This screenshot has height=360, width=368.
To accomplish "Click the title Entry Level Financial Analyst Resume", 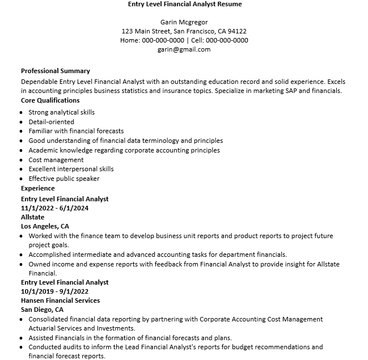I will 184,4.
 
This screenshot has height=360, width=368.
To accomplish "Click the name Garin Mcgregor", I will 184,22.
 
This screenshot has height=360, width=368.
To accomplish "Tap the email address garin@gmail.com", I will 184,49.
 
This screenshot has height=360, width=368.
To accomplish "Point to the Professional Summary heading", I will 56,71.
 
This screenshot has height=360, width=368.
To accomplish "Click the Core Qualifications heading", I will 50,100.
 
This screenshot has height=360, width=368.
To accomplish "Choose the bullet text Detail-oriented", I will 51,121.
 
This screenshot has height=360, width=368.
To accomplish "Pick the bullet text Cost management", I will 56,159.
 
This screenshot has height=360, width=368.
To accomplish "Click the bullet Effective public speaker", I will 64,179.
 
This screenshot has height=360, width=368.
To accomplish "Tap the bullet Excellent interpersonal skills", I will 71,169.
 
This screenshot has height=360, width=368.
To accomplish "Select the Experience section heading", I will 38,188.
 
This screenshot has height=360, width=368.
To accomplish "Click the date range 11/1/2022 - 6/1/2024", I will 54,208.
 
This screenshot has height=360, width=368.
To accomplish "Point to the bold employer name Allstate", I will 32,217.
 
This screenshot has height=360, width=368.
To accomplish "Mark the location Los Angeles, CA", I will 45,226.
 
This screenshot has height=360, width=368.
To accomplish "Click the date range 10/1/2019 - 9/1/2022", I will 54,291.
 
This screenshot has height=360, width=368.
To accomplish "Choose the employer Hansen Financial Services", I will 60,300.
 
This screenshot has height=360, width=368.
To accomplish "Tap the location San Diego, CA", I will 42,310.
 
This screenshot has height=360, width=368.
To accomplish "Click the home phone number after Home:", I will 163,40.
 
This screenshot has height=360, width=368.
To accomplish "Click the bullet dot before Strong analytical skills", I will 22,112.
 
